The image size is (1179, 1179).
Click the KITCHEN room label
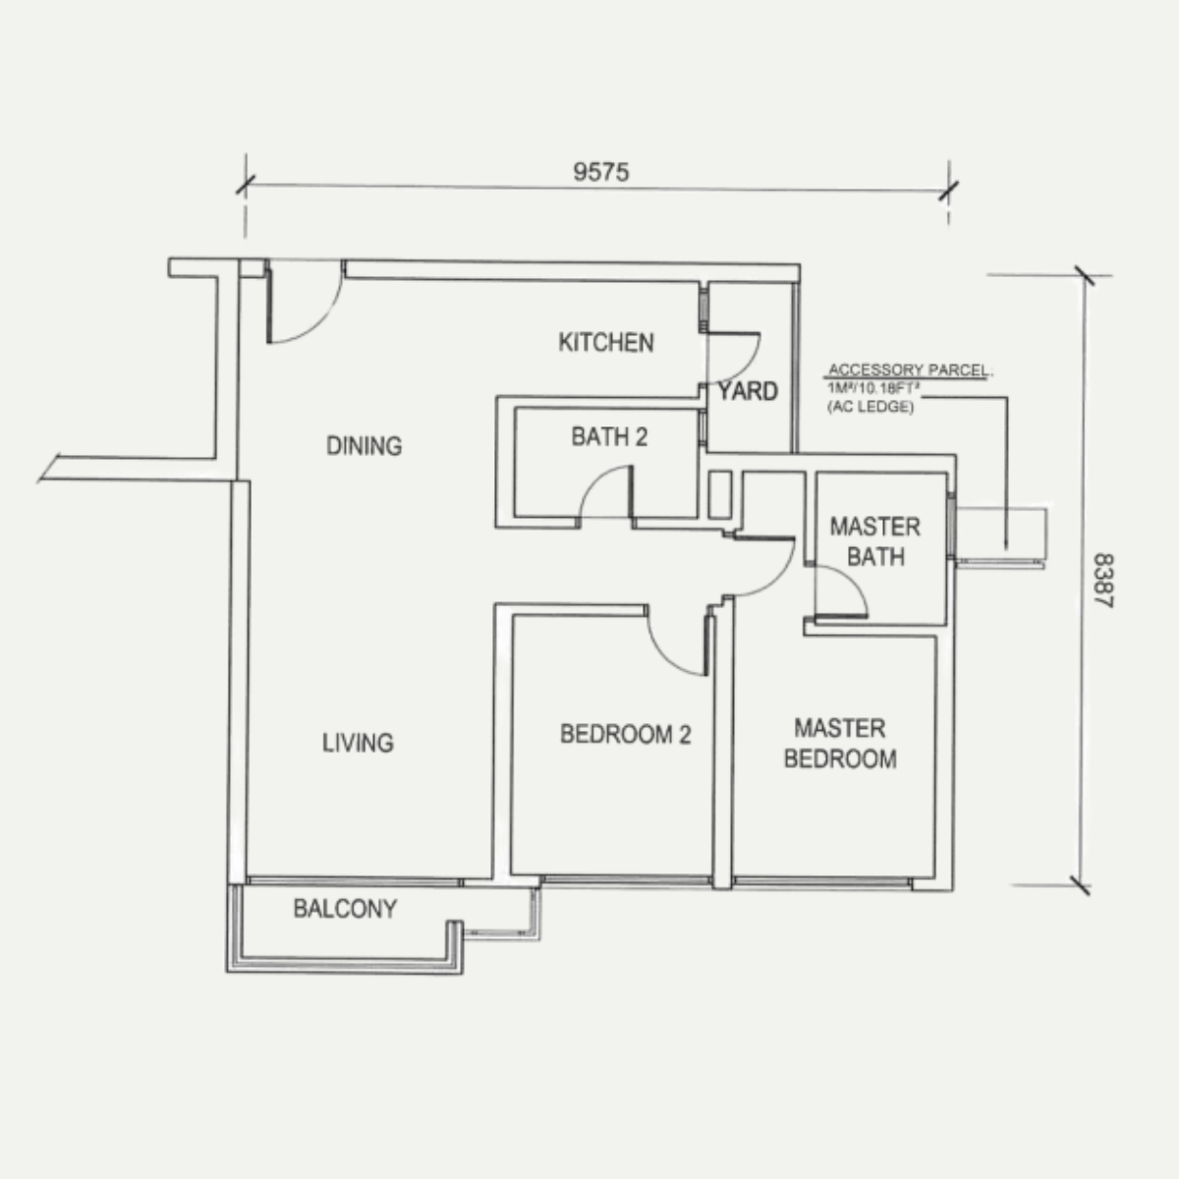tap(606, 343)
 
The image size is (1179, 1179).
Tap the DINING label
tap(365, 446)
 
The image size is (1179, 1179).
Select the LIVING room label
tap(358, 743)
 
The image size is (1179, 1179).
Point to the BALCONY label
tap(345, 909)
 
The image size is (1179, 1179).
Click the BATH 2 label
tap(609, 437)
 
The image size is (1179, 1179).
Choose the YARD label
tap(749, 392)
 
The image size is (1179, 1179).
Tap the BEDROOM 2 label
tap(625, 734)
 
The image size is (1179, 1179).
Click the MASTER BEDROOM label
tap(840, 744)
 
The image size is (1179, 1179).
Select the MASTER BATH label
tap(875, 542)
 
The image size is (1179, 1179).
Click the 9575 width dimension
tap(601, 172)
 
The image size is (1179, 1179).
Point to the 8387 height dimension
tap(1103, 581)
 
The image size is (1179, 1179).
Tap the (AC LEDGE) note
tap(870, 407)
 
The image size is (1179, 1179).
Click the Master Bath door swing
tap(854, 582)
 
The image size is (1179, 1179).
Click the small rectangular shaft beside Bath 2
tap(720, 495)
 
